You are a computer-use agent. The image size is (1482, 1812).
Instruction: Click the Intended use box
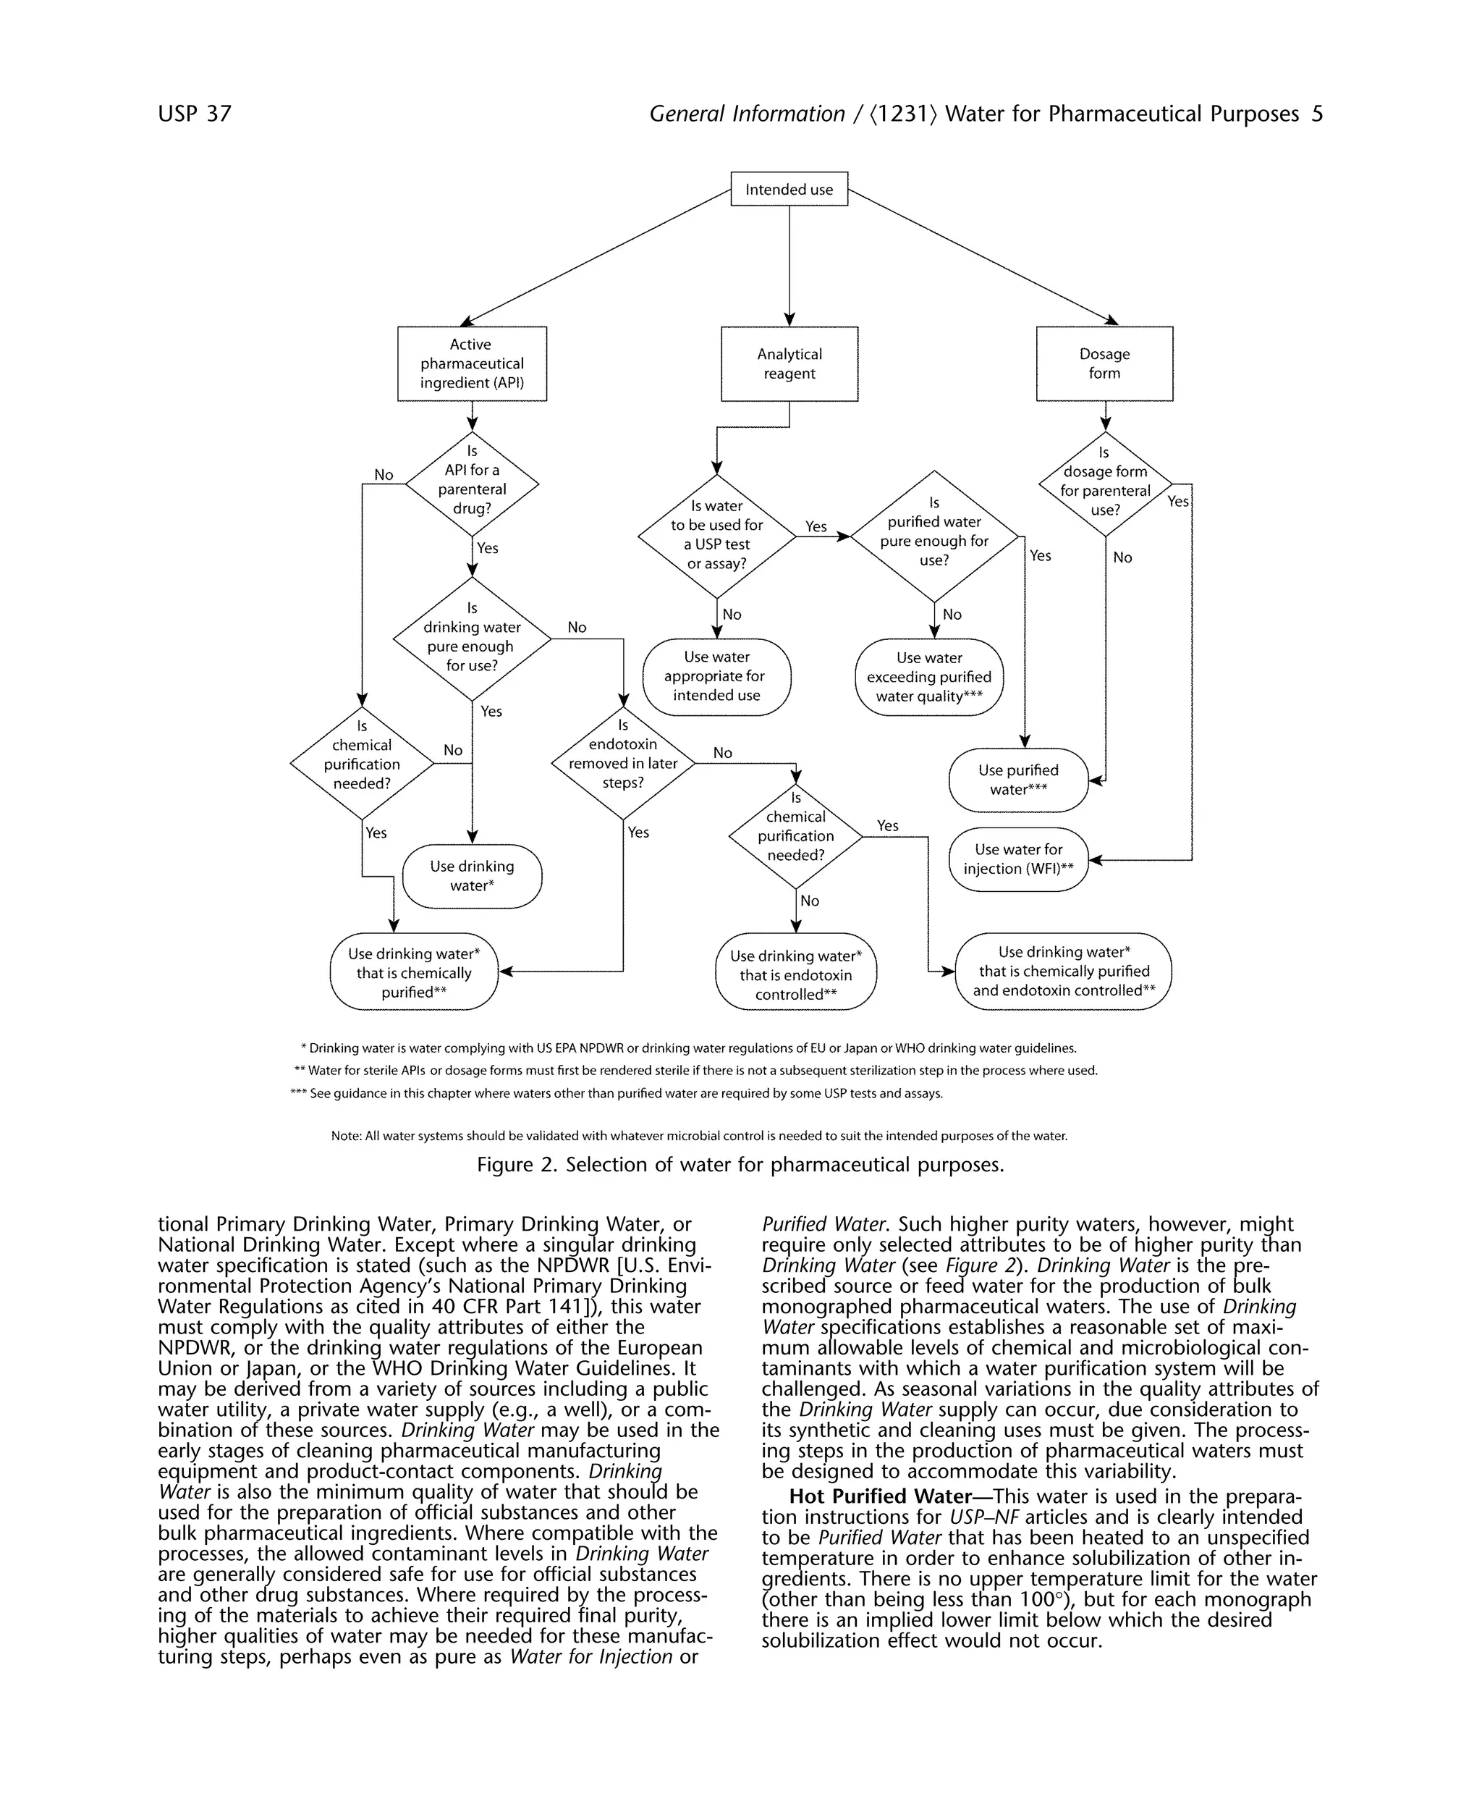[789, 189]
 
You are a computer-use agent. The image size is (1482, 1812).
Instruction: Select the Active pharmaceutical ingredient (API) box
[471, 363]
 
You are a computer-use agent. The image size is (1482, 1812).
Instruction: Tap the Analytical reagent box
[789, 363]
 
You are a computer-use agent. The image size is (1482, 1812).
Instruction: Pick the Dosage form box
[1104, 363]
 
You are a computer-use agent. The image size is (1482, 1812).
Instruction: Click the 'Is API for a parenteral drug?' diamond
[471, 484]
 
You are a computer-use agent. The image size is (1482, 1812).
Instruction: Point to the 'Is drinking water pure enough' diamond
[471, 638]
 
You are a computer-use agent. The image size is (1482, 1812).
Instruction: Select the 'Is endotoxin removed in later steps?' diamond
[622, 762]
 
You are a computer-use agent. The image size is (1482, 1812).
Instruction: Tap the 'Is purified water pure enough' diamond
[934, 537]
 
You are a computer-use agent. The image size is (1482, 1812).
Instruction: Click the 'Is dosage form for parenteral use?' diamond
[1105, 484]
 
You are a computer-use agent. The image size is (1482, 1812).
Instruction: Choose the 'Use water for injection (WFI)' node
[1017, 859]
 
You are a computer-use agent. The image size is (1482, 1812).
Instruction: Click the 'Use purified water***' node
[1017, 780]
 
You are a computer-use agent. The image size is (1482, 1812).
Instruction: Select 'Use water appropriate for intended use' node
[716, 676]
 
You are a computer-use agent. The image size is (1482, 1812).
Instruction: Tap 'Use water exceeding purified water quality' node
[929, 677]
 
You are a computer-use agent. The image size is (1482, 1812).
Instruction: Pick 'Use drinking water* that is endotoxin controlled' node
[796, 974]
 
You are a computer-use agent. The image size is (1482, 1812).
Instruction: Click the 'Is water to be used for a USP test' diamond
[716, 536]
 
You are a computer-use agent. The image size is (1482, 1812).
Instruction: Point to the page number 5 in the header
[1316, 114]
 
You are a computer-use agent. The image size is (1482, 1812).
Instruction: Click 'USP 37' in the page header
[195, 114]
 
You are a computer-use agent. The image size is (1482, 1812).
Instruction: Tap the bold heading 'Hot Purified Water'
[879, 1497]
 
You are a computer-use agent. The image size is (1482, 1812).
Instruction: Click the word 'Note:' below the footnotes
[347, 1136]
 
